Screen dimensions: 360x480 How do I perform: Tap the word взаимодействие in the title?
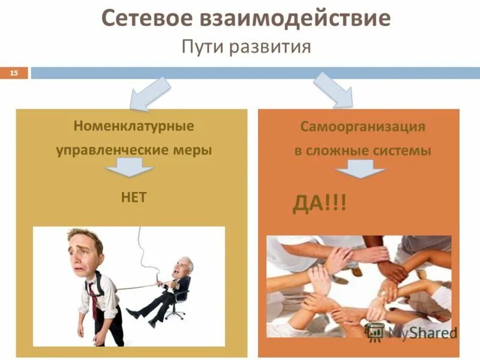[x=293, y=19]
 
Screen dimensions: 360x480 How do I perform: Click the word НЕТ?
[x=133, y=197]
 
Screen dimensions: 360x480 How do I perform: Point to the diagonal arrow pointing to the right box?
[x=334, y=90]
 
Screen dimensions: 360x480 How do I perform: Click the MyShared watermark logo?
[x=414, y=332]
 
